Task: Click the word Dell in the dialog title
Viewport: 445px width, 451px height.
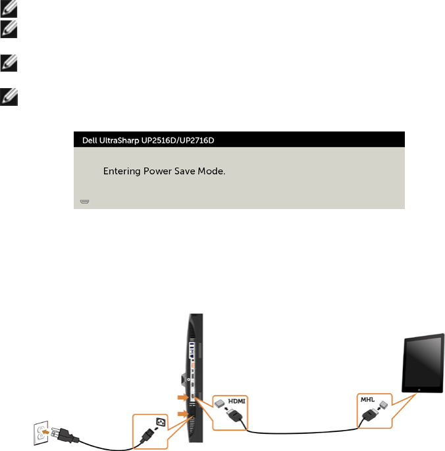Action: click(90, 140)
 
